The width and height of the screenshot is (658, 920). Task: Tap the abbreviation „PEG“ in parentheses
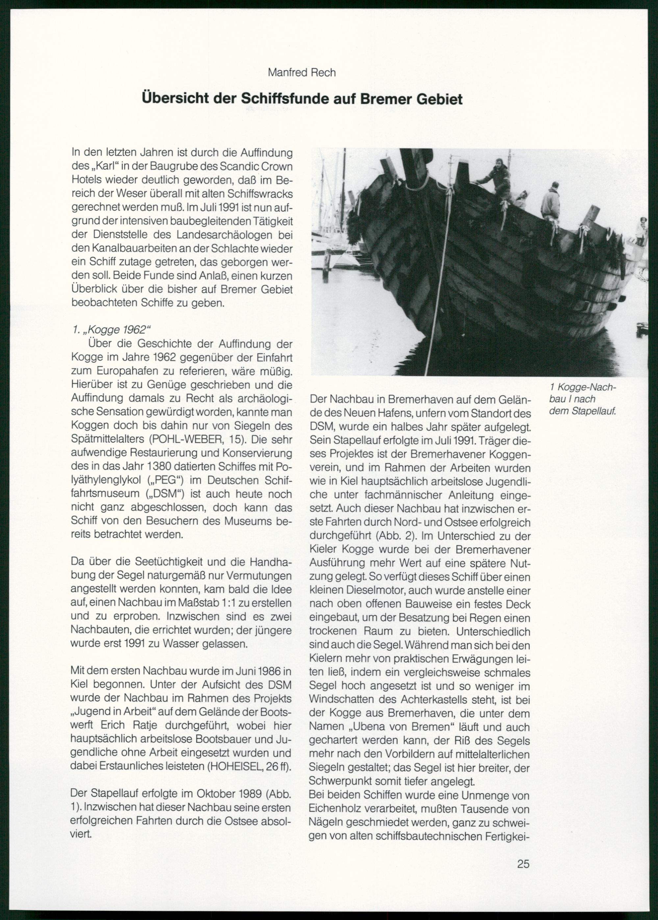(166, 481)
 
